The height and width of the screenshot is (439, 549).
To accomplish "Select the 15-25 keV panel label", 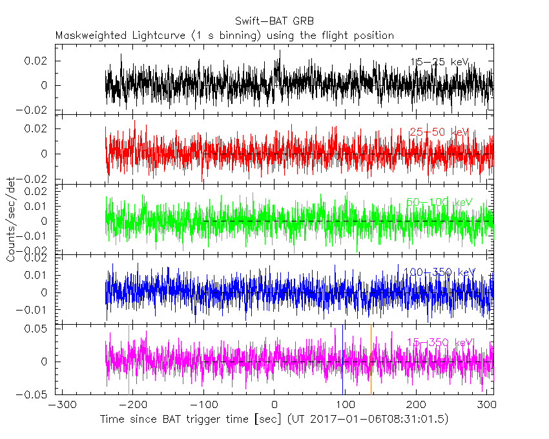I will click(439, 62).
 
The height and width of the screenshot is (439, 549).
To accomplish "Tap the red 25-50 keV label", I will click(439, 132).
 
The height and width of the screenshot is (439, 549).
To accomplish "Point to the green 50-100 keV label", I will click(439, 202).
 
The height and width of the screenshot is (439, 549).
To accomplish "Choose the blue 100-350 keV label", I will click(439, 272).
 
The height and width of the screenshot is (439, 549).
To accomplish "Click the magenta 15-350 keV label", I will click(439, 342).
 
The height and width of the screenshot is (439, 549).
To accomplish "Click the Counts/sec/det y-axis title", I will click(11, 219).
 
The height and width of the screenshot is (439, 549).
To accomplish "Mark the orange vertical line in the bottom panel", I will click(371, 362).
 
